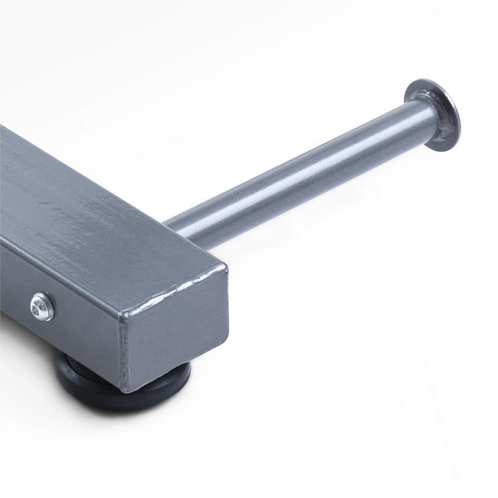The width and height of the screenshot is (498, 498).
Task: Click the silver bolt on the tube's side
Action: tap(42, 307)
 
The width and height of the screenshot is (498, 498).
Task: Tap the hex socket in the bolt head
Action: tap(41, 307)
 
